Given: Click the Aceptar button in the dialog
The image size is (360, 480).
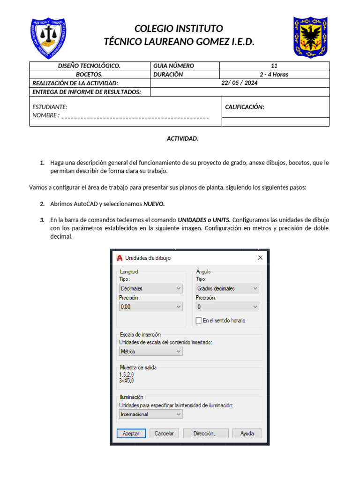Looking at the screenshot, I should (x=131, y=434).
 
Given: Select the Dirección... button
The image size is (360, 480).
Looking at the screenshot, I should (x=205, y=434).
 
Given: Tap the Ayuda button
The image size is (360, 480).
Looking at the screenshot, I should (x=247, y=434).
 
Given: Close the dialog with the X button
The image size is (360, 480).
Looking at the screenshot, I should (x=260, y=258).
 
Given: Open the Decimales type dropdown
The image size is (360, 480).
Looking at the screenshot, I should (x=150, y=289).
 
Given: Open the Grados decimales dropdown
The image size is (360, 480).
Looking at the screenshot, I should (x=227, y=289).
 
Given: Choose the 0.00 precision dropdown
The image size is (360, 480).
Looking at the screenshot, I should (x=150, y=307).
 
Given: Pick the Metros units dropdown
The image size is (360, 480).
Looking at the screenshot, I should (x=150, y=351).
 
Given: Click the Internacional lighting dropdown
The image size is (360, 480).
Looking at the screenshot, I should (x=150, y=414).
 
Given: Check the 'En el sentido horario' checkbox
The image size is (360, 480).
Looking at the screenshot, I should (x=199, y=321).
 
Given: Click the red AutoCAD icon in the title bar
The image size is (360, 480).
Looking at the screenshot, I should (x=120, y=258).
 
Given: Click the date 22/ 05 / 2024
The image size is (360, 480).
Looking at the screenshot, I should (x=240, y=83).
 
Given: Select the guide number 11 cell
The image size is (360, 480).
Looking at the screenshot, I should (x=274, y=66).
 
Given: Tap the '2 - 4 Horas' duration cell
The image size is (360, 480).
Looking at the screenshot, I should (x=274, y=75).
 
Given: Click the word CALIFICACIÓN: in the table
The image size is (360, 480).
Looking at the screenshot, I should (x=245, y=107).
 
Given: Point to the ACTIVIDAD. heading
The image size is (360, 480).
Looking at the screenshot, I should (x=183, y=139).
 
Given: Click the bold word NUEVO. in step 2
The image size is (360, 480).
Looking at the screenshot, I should (x=154, y=204).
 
